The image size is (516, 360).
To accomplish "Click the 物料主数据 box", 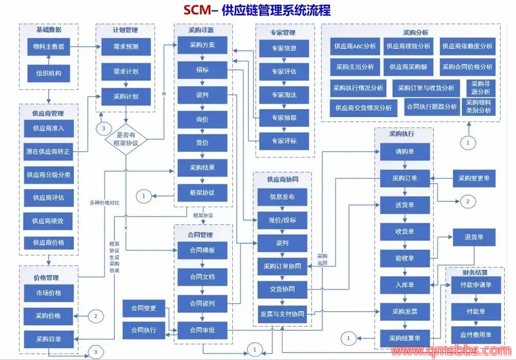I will point(48,47).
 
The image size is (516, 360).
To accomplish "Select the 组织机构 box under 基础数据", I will point(48,73).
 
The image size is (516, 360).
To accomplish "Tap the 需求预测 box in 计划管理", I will point(125,47).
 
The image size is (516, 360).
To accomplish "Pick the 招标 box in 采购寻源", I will point(202,69).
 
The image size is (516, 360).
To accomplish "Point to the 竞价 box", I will point(202,143).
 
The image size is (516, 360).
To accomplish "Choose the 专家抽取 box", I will point(284,118).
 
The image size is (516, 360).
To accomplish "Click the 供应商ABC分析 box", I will point(355,46).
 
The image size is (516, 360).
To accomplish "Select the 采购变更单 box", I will point(474,178).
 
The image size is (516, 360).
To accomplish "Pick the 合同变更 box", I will point(143,309).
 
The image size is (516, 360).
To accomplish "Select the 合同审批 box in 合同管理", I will point(202,330).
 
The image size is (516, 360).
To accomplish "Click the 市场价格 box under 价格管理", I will point(48,293).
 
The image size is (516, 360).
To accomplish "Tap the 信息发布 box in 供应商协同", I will point(282,196).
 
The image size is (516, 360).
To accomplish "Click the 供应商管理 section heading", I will point(48,113).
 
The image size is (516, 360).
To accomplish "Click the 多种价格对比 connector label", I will point(104,203).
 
